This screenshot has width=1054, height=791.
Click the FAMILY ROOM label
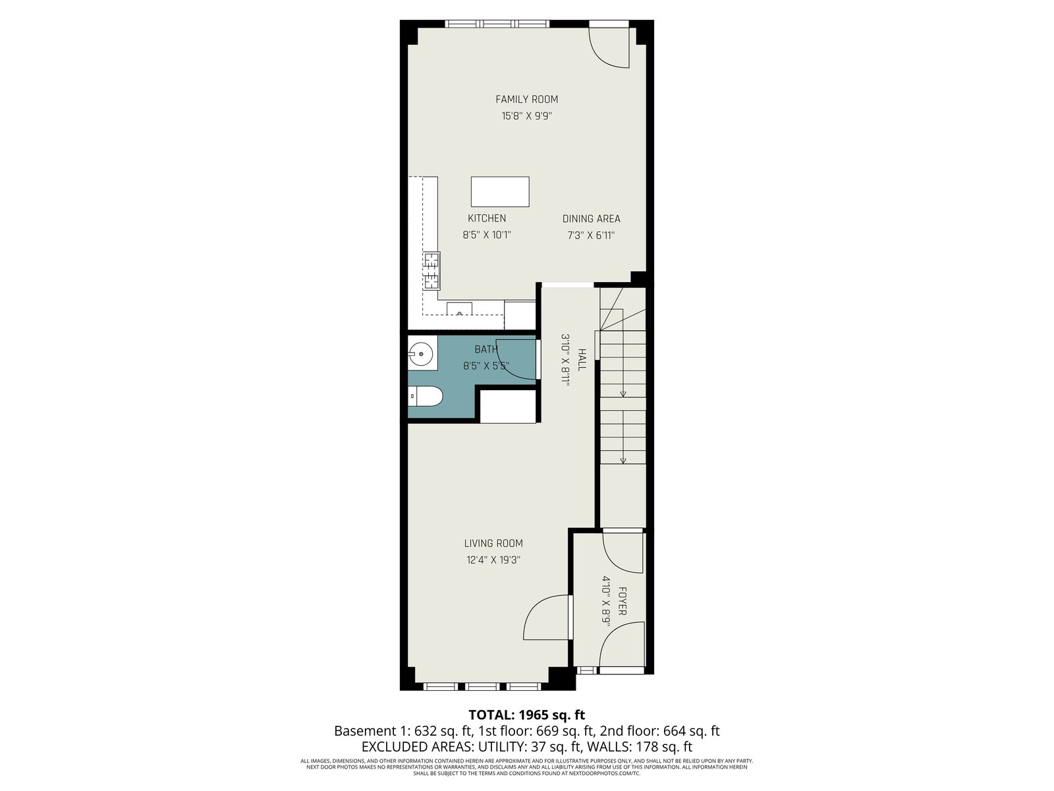tap(526, 100)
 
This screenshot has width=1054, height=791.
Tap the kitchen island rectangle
tap(500, 192)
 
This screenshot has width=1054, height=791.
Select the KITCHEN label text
tap(486, 218)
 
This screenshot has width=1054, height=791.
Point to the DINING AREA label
tap(591, 219)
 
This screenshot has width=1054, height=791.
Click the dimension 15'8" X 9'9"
tap(526, 116)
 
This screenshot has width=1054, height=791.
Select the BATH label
tap(486, 349)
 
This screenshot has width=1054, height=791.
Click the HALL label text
tap(582, 360)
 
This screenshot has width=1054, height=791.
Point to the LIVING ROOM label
tap(493, 543)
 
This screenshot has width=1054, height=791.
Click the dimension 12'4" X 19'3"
tap(493, 560)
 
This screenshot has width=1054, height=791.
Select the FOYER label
tap(622, 601)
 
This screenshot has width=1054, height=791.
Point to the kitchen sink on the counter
tap(459, 308)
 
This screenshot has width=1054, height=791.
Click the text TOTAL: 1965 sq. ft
tap(527, 715)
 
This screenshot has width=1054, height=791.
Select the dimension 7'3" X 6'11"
tap(591, 235)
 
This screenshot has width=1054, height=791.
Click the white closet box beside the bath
tap(507, 406)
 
